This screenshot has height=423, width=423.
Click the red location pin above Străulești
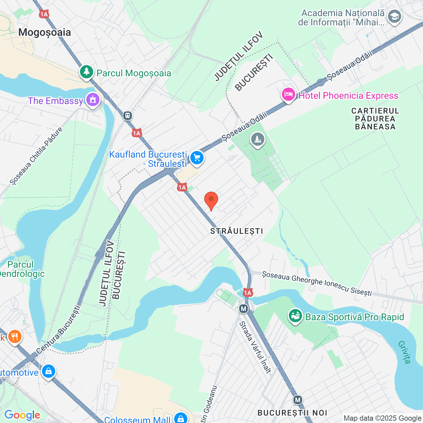coord(211,200)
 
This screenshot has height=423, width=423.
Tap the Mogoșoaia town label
coord(45,32)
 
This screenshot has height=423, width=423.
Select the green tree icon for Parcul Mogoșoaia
coord(87,72)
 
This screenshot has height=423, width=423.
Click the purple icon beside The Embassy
coord(93,100)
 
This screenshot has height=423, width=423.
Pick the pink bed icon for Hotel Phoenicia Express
coord(288,95)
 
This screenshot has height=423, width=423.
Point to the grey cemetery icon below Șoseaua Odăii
coord(257,139)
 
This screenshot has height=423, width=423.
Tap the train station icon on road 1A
coord(128,116)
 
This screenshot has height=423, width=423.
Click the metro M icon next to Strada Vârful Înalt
coord(244,309)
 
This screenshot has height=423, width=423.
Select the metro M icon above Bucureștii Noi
coord(298,400)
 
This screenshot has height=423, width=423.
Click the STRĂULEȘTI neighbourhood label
coord(237,231)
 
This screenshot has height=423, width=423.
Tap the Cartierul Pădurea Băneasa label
coord(375,119)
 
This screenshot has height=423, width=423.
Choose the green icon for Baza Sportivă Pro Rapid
coord(295,316)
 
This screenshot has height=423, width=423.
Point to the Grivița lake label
coord(404,352)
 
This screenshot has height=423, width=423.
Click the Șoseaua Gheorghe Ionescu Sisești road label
coord(317,283)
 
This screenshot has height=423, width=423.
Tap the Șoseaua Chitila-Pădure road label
coord(36,156)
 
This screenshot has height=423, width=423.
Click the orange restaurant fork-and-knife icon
coord(15,336)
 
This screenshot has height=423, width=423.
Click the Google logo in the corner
coord(22,415)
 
